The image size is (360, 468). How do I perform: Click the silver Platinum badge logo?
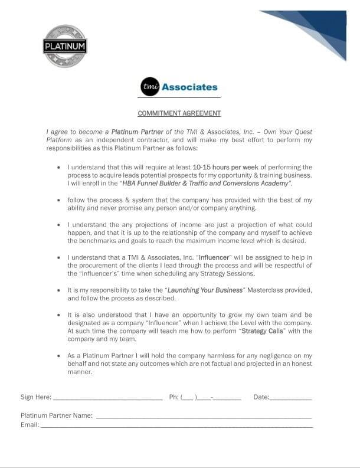tap(65, 46)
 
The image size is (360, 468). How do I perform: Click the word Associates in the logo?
tap(189, 87)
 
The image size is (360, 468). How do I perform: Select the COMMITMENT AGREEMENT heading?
tap(179, 113)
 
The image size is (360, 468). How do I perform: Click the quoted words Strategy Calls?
tap(263, 332)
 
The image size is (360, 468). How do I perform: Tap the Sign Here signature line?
tap(107, 400)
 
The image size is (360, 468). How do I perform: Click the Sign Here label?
tap(36, 397)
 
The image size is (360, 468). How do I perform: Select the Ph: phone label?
tap(174, 397)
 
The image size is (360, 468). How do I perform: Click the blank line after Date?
tap(290, 400)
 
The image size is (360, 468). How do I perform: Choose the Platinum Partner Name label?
tap(57, 415)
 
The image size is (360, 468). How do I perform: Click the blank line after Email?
tap(176, 427)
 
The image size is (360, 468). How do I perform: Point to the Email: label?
tap(30, 424)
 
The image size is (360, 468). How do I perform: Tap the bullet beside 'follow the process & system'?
tap(58, 201)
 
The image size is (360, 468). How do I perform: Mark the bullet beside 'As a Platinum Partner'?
tap(58, 356)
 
